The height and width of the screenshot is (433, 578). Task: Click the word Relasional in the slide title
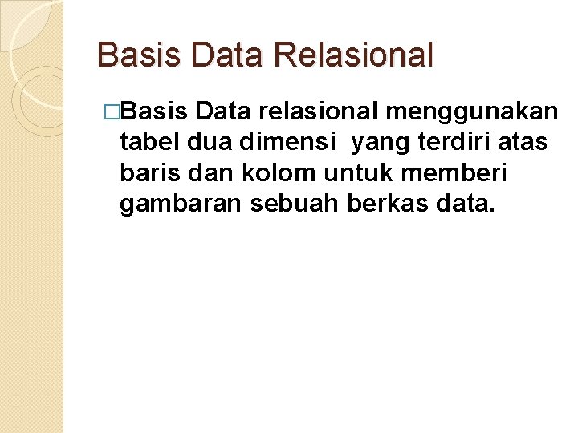point(353,55)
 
